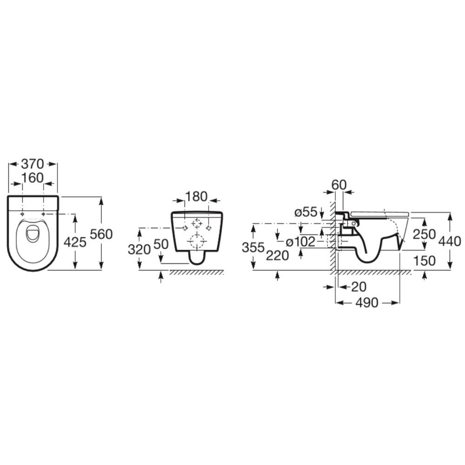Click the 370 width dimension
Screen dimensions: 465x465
point(33,164)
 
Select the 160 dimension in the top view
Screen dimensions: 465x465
point(33,178)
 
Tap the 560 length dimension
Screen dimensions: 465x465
point(101,234)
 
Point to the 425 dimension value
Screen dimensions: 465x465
point(75,242)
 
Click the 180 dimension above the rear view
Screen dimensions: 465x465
point(197,196)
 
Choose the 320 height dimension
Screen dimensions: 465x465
point(139,250)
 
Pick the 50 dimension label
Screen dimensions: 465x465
point(161,244)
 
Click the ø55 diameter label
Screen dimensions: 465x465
point(306,213)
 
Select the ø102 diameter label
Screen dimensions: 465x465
point(300,242)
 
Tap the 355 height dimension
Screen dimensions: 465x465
point(253,247)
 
